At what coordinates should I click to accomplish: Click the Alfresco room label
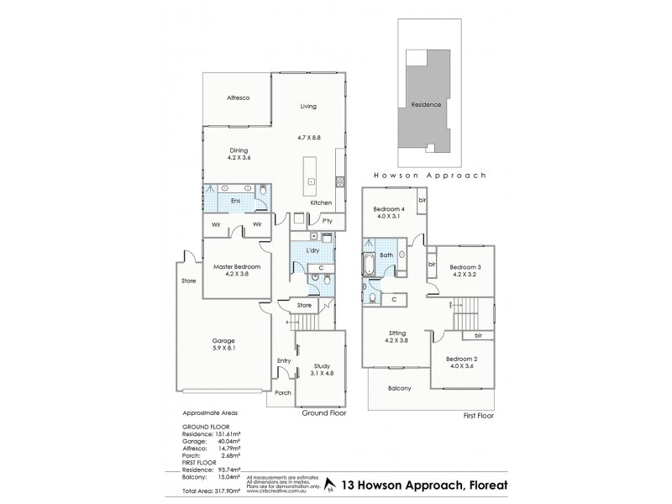point(239,98)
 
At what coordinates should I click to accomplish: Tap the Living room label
point(310,106)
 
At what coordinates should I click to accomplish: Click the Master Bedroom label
point(236,266)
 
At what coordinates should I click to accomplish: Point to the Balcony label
point(400,389)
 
